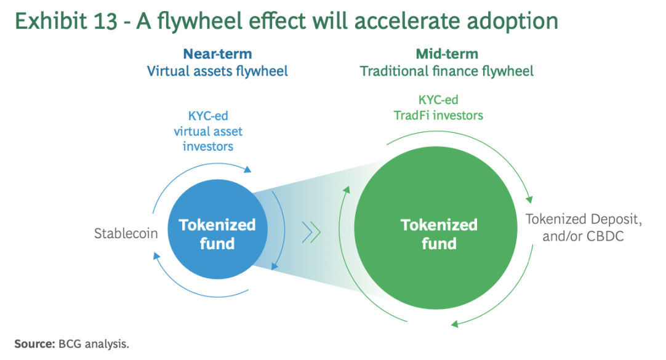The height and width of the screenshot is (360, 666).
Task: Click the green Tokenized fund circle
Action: coord(438,234)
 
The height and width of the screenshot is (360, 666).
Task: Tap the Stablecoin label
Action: coord(126,234)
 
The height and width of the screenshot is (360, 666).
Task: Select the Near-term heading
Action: coord(217,54)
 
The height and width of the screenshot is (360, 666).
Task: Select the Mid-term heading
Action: coord(447,54)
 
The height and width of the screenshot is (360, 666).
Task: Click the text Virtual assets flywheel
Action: coord(217,71)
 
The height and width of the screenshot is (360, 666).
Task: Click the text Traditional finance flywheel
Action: coord(447,71)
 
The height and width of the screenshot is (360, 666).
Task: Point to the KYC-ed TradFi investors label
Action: coord(438,107)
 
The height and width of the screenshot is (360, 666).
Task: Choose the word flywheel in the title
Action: coord(205,22)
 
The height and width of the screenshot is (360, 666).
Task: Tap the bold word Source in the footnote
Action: coord(34,343)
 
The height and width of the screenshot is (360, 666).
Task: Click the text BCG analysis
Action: coord(94,343)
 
